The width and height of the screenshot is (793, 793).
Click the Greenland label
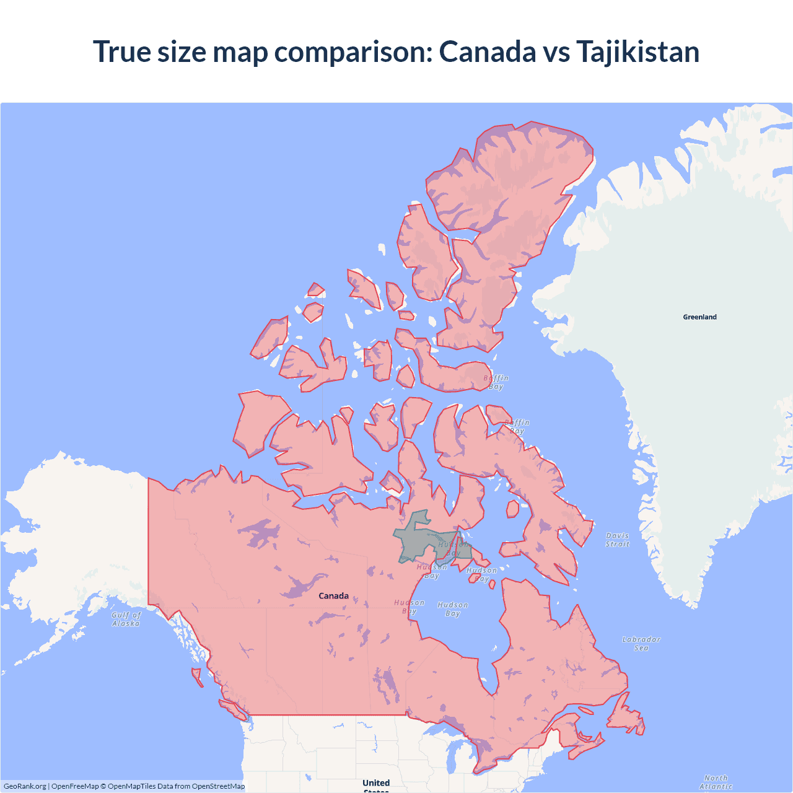click(699, 317)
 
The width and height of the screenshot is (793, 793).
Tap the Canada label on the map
click(333, 596)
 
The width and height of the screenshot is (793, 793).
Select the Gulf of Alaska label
click(126, 620)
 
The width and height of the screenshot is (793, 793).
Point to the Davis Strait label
click(617, 540)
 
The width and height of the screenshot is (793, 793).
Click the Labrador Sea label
click(641, 644)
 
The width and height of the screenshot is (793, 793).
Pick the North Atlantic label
click(716, 782)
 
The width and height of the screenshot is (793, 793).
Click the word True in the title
click(121, 51)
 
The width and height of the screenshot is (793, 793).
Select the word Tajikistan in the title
click(637, 51)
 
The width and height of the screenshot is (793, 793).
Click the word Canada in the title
click(487, 51)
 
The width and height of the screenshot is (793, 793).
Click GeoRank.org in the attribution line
click(25, 786)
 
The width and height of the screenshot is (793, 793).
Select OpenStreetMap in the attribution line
click(218, 786)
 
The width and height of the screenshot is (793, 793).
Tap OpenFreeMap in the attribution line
click(75, 786)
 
